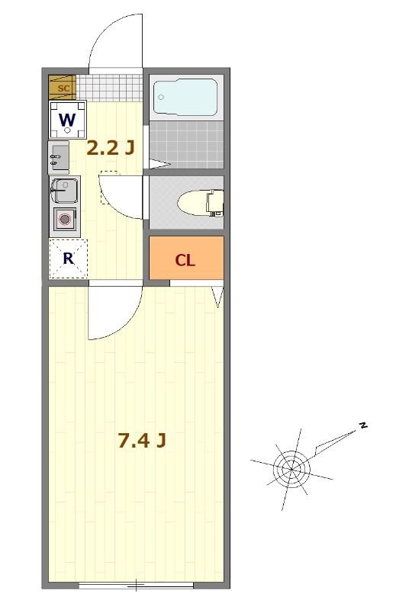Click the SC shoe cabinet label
(63, 88)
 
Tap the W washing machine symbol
(68, 120)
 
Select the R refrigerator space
(69, 258)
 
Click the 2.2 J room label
(110, 148)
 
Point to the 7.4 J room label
(142, 441)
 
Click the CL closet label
(185, 260)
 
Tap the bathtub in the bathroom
(185, 98)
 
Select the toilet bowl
(200, 203)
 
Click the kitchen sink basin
(65, 190)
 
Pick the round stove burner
(65, 220)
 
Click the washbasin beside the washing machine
(59, 157)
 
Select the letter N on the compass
(363, 425)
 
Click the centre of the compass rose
(291, 469)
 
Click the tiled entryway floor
(109, 88)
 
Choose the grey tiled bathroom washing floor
(186, 144)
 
